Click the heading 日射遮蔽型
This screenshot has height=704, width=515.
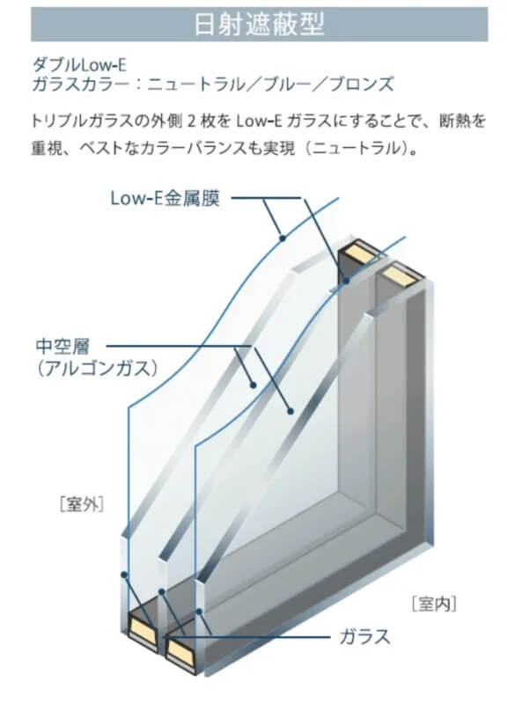[259, 24]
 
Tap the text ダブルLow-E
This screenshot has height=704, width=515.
[79, 65]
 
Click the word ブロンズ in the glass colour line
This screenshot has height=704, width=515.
[362, 84]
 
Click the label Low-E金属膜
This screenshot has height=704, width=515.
[166, 198]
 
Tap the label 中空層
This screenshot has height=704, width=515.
[63, 346]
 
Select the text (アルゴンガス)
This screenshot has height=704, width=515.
[98, 369]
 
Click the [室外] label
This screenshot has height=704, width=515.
[82, 504]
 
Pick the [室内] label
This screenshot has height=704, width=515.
[434, 604]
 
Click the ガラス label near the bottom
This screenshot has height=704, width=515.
[364, 636]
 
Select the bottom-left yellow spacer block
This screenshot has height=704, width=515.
[143, 627]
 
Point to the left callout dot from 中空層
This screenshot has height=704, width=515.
[254, 385]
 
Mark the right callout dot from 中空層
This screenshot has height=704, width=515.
[291, 410]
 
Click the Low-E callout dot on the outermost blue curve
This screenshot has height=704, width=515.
[283, 238]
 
